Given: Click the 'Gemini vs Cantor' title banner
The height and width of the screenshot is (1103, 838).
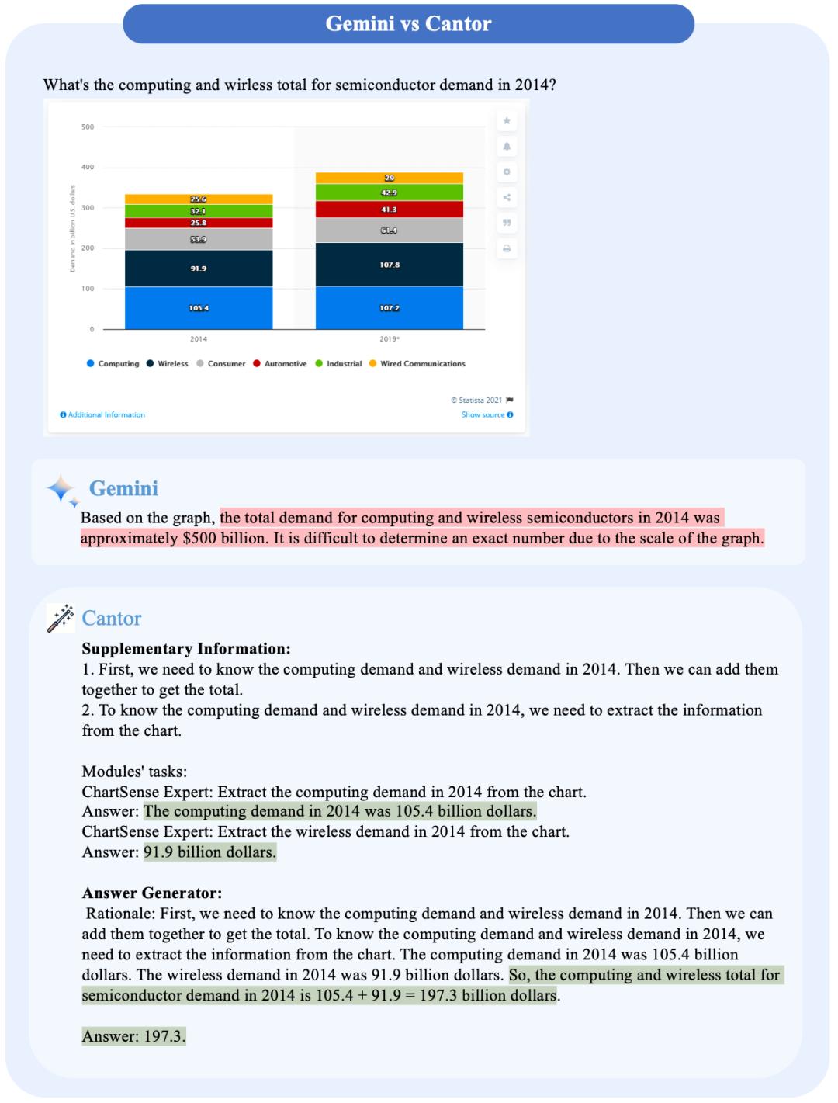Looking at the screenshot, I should [408, 24].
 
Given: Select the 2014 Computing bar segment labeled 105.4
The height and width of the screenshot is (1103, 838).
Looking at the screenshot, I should [199, 308].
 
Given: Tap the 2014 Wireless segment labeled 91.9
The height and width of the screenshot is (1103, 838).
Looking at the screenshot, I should [199, 269].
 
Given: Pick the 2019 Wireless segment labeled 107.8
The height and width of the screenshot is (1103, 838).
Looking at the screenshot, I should [390, 265].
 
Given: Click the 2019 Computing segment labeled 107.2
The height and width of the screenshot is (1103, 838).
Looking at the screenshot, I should [390, 308].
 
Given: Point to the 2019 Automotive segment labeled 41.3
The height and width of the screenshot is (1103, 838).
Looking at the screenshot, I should [390, 210].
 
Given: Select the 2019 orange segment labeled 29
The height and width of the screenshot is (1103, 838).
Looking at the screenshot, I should [390, 178].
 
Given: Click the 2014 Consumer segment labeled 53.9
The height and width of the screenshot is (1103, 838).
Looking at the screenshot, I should [199, 239].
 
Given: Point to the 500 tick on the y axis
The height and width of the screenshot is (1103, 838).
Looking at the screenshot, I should [88, 127].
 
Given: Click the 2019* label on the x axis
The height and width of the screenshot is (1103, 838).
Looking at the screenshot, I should [390, 339].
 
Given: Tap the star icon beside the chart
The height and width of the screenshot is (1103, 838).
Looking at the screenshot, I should [507, 121].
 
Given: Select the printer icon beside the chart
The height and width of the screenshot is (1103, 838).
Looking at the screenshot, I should [507, 248].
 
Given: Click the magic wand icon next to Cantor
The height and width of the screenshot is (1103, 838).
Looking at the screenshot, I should [61, 619].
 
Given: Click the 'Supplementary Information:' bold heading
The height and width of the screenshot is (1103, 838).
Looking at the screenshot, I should [186, 649].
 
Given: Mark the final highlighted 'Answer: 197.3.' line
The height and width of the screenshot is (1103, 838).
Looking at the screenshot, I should [133, 1036].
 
